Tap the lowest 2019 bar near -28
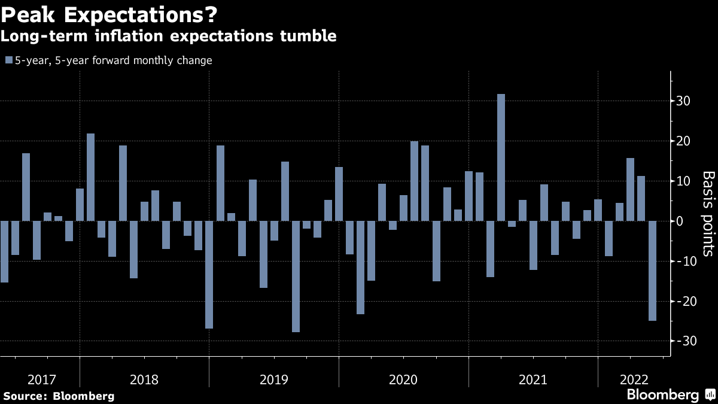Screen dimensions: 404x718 click(x=296, y=276)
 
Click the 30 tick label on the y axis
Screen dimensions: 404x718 click(x=684, y=101)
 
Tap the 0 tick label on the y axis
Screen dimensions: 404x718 click(x=680, y=221)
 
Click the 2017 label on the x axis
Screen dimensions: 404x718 click(x=42, y=379)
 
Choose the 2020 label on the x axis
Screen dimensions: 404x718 click(x=403, y=379)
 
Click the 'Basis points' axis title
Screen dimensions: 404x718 click(x=708, y=213)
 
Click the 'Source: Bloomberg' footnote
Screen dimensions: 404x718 click(x=59, y=396)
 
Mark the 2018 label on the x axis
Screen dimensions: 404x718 click(x=144, y=379)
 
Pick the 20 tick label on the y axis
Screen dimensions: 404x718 click(x=684, y=141)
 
